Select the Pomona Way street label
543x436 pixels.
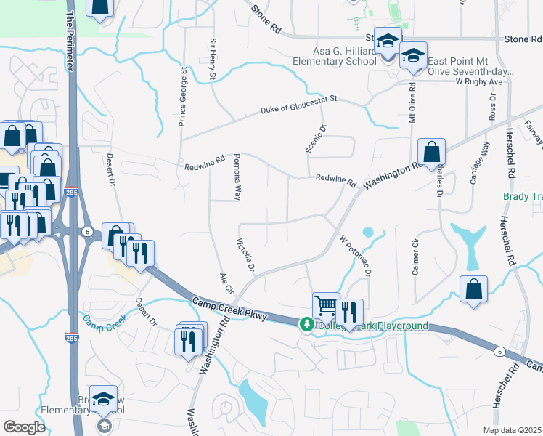tap(237, 182)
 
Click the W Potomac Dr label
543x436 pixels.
tap(355, 255)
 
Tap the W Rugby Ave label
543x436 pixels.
tap(479, 81)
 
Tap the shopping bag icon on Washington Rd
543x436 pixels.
tap(431, 153)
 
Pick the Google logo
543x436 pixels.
tap(24, 427)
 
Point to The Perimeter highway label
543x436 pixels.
tap(70, 40)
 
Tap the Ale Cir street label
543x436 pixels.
tap(226, 283)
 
